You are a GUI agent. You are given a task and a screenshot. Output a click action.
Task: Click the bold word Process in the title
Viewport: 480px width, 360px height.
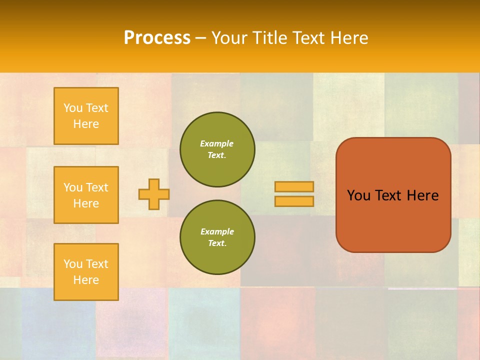coord(157,38)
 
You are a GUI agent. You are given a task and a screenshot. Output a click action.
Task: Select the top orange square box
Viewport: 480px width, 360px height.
coord(86,116)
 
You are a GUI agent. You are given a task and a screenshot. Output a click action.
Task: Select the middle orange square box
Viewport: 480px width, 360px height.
coord(86,195)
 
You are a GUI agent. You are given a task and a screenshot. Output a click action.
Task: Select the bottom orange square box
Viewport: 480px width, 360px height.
coord(86,272)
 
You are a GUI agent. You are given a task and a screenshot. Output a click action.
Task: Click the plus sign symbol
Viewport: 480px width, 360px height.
coord(154,194)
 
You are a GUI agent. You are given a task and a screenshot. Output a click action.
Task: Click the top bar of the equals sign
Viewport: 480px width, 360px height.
coord(294,187)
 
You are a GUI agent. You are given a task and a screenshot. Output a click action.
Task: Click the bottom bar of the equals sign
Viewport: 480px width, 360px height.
coord(294,201)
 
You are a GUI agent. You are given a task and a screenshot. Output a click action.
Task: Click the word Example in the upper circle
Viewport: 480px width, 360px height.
coord(217,143)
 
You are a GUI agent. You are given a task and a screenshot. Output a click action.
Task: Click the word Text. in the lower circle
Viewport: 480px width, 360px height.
coord(217,243)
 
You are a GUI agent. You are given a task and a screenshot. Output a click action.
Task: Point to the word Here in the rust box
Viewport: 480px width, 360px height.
coord(422,195)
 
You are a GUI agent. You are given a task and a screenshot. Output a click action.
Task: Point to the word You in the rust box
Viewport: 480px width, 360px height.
coord(358,195)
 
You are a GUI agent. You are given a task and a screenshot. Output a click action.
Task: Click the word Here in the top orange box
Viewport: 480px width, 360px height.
coord(86,124)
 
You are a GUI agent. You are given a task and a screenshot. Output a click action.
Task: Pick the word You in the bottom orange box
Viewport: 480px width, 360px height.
coord(73,264)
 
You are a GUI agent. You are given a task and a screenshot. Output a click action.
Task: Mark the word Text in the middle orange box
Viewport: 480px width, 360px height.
coord(96,187)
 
